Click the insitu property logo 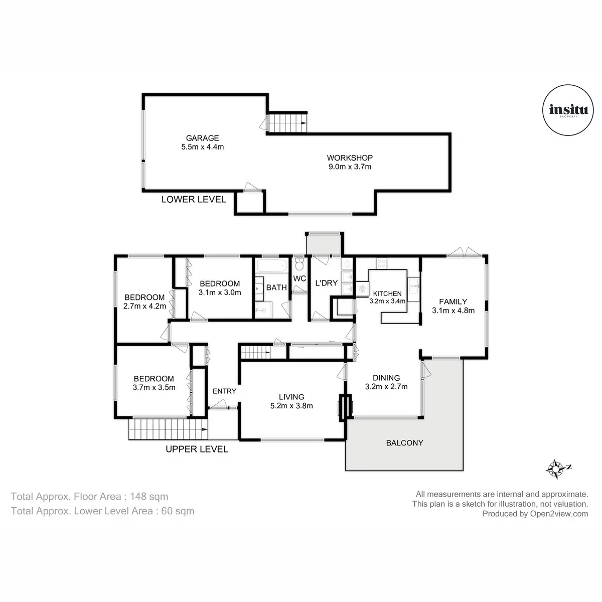(567, 110)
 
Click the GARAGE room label (202, 138)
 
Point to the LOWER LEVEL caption (194, 199)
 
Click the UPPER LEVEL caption (197, 449)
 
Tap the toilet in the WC (299, 264)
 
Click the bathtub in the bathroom (272, 266)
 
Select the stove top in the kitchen (381, 263)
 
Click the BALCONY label (404, 442)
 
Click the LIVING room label (291, 397)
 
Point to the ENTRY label (224, 391)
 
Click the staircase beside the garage (288, 123)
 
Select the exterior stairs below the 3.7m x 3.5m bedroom (168, 429)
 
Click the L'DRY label (327, 283)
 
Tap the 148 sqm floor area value (149, 497)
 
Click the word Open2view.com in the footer (559, 514)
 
